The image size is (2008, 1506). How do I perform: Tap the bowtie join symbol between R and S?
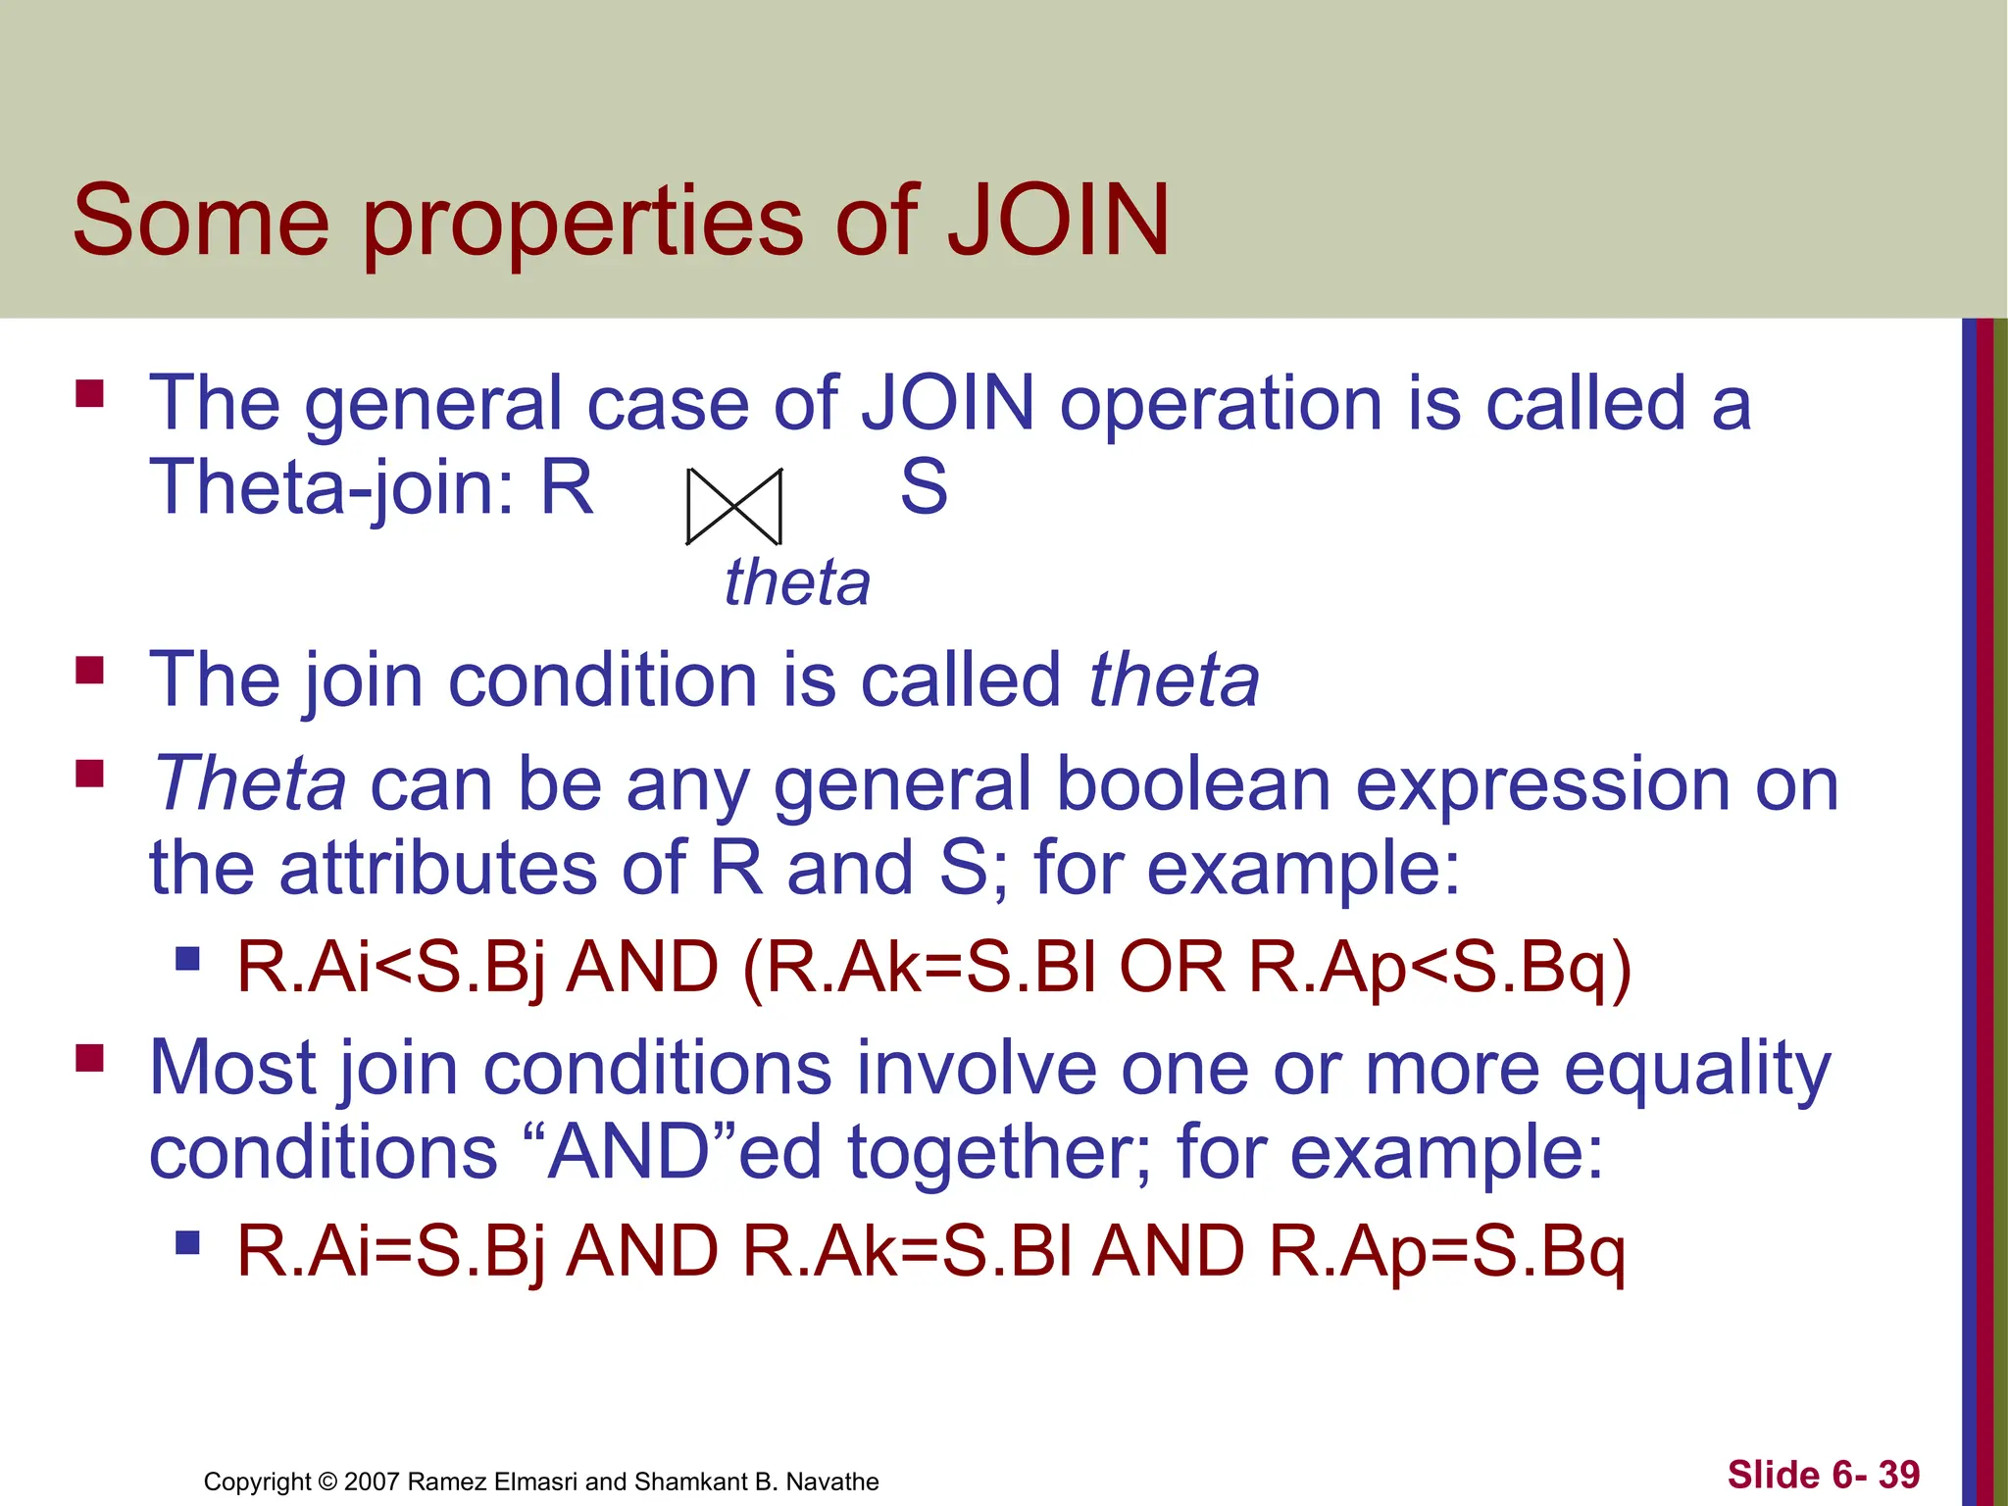pos(733,506)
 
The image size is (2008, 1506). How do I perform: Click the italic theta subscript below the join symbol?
pos(796,582)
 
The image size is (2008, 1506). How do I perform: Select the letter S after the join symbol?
pos(924,487)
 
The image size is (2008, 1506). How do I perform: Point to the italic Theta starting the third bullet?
pos(250,784)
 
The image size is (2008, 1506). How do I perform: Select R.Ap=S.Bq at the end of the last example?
pos(1447,1251)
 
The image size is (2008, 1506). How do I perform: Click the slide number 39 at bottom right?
pos(1899,1474)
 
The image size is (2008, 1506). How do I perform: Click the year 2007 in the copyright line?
pos(372,1481)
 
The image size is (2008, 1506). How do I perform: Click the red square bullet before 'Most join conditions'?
pos(90,1059)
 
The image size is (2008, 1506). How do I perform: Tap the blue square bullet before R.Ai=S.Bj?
pos(187,1243)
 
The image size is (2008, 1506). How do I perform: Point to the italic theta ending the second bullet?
pos(1174,679)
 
